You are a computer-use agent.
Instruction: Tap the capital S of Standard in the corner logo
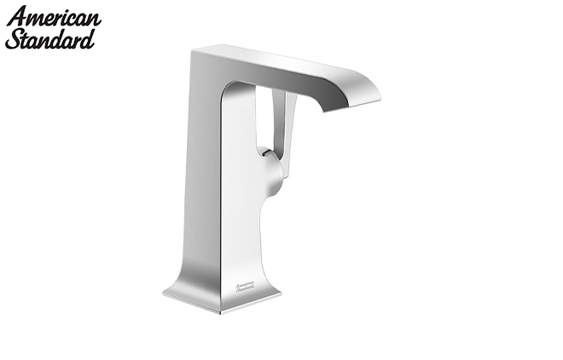click(x=13, y=39)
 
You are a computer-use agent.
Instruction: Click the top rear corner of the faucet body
click(x=194, y=51)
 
